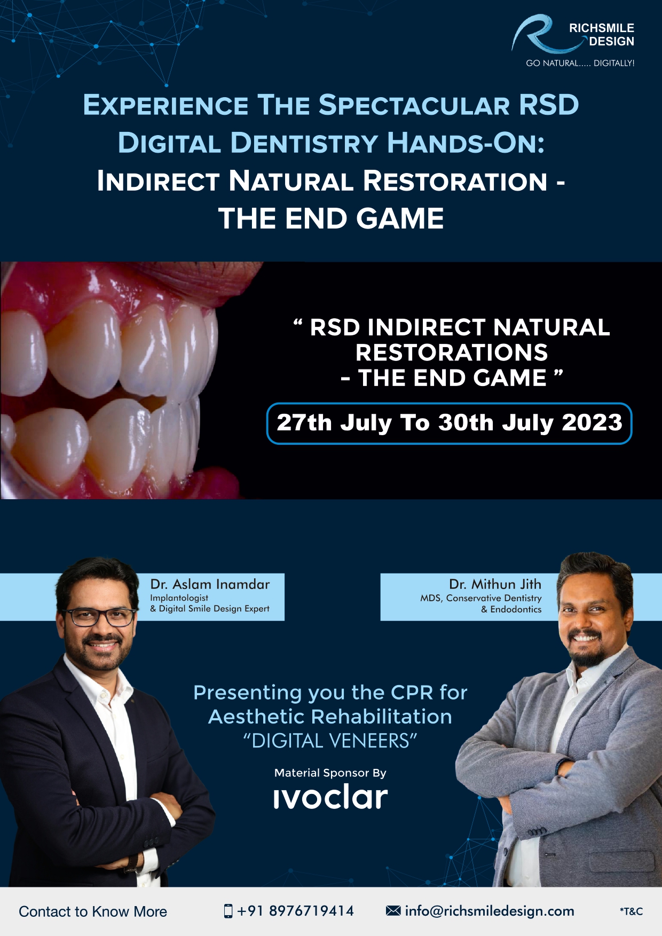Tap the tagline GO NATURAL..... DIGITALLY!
point(580,63)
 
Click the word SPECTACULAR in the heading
point(414,105)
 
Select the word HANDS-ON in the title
point(466,143)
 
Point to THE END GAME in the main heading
point(331,218)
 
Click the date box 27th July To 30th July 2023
point(449,423)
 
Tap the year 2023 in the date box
point(592,422)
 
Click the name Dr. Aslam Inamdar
point(210,584)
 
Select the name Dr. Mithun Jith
point(495,584)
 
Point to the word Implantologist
point(179,598)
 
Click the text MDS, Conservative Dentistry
point(480,598)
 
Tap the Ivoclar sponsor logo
point(330,797)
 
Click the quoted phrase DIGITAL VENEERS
point(330,741)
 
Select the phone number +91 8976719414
point(295,911)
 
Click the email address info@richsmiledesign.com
point(490,911)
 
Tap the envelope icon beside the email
point(393,910)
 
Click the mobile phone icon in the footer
point(228,911)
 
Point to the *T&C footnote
point(631,911)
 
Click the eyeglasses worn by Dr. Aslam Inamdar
point(100,617)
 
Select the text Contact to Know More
point(93,911)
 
